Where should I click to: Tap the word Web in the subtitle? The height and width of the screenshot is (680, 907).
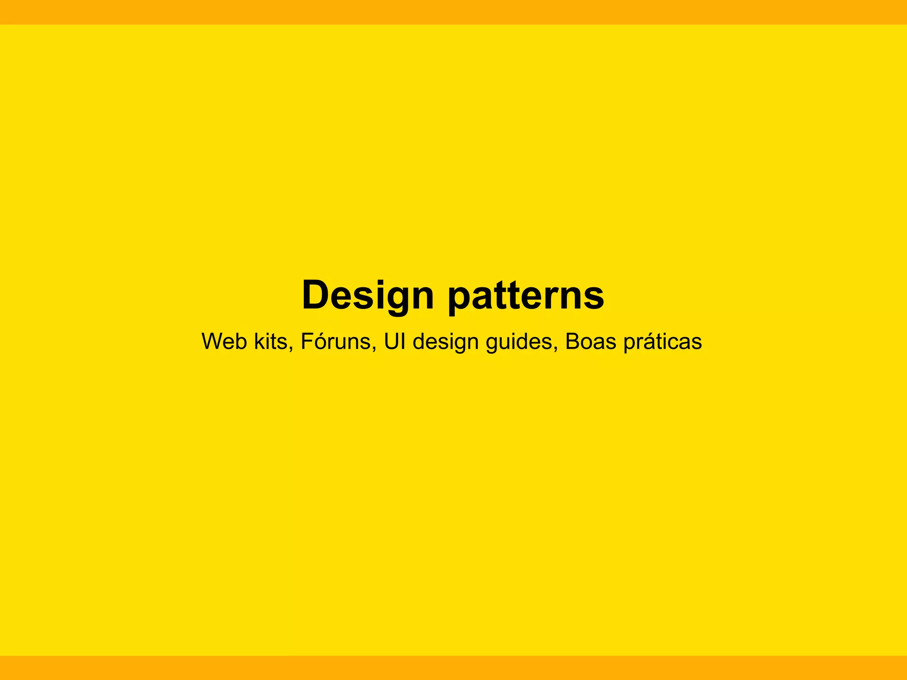pyautogui.click(x=224, y=341)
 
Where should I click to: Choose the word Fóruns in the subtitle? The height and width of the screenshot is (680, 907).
pyautogui.click(x=336, y=341)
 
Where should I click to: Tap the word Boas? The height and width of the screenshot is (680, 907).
pyautogui.click(x=590, y=341)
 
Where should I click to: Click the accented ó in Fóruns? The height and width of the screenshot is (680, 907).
pyautogui.click(x=318, y=341)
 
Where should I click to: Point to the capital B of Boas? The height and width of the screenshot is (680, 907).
pyautogui.click(x=573, y=341)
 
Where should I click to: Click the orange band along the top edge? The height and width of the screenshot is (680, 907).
pyautogui.click(x=453, y=12)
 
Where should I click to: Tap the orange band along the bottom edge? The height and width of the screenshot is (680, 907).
pyautogui.click(x=453, y=668)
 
